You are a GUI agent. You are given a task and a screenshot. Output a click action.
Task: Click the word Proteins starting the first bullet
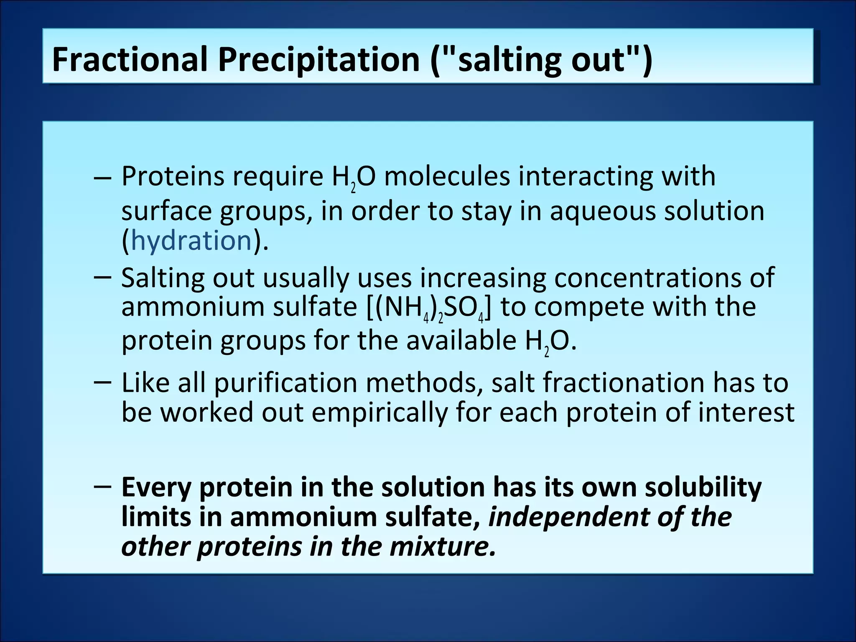tap(173, 176)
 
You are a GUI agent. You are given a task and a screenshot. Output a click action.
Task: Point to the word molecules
tap(447, 176)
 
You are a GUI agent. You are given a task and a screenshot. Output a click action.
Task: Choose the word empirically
tap(379, 413)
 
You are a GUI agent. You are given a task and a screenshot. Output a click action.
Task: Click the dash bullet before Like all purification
tap(103, 381)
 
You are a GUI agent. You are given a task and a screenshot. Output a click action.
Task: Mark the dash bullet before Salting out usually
tap(103, 277)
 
